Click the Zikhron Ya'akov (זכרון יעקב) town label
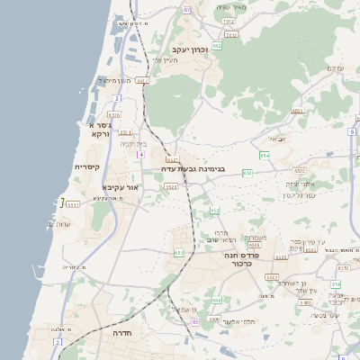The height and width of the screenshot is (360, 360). coord(190,49)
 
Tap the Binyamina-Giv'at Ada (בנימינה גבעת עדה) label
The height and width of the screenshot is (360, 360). coord(193,168)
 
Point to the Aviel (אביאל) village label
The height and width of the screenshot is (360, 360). coord(277,139)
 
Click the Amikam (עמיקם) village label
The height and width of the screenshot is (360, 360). coord(336,68)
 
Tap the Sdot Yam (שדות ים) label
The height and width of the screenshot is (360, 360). coord(61,223)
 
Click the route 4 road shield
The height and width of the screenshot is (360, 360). coord(140,154)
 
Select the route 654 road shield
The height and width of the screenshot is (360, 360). coord(265,156)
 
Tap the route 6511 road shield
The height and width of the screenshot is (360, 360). coord(73,204)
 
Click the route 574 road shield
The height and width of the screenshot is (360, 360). coord(336,284)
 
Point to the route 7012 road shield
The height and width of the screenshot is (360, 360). coord(229,20)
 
